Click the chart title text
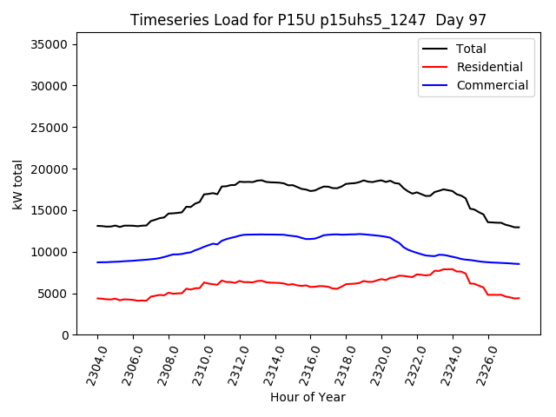[308, 20]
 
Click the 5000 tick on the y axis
[54, 294]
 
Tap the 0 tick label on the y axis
[65, 335]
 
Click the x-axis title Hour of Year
[308, 397]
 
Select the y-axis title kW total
[17, 184]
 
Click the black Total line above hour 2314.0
[275, 182]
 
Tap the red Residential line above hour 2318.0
[347, 284]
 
